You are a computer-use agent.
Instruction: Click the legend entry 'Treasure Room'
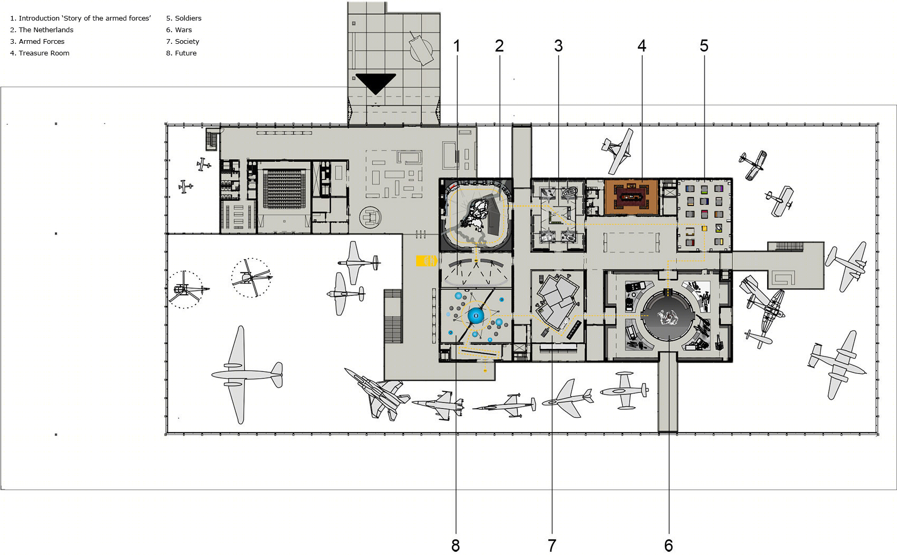(x=44, y=53)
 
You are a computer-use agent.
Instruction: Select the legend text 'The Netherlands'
(x=46, y=30)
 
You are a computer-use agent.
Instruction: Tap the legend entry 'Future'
(x=186, y=53)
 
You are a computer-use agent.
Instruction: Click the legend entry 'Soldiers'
(x=188, y=18)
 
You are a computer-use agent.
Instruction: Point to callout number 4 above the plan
(x=642, y=46)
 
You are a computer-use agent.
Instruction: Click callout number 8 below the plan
(x=456, y=545)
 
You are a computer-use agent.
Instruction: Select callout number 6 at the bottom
(x=669, y=545)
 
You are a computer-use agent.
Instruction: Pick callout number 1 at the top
(x=457, y=46)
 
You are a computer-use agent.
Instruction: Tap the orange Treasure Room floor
(x=631, y=197)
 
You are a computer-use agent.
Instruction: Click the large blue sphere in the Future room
(x=476, y=316)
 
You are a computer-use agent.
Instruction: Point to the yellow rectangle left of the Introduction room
(x=426, y=261)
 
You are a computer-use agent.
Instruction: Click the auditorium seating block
(x=284, y=189)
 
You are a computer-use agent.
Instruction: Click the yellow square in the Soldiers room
(x=704, y=229)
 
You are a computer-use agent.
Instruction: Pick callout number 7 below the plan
(x=552, y=545)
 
